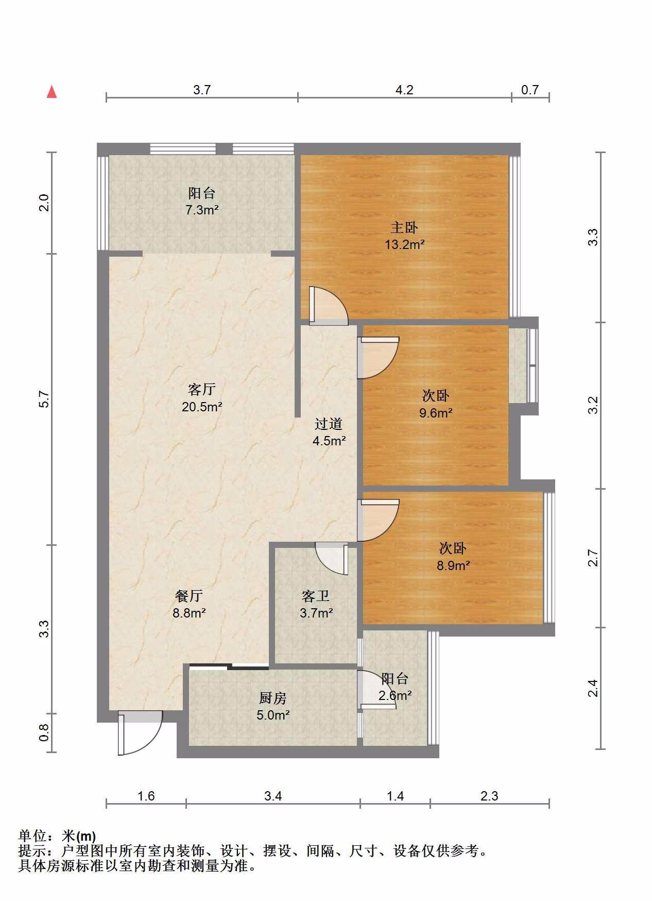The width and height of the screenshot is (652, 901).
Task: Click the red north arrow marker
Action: click(x=52, y=92)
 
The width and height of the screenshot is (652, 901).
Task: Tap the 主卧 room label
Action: click(x=404, y=227)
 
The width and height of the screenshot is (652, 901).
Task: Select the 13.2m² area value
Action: click(x=405, y=244)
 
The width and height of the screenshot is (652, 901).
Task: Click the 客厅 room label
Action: click(x=201, y=389)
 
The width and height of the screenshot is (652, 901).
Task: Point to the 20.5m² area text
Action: click(x=202, y=406)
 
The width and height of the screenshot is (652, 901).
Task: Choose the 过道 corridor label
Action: click(x=329, y=424)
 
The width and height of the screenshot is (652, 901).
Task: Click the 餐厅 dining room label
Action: click(x=189, y=596)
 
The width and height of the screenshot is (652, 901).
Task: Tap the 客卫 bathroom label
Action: click(x=316, y=596)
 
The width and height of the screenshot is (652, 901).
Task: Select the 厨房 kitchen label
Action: click(x=272, y=698)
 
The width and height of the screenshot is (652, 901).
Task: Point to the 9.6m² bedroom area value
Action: click(x=436, y=412)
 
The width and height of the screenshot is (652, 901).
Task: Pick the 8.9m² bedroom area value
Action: click(x=453, y=565)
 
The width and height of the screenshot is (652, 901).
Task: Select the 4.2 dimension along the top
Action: click(x=404, y=90)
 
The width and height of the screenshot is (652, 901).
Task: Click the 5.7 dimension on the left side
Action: click(x=44, y=399)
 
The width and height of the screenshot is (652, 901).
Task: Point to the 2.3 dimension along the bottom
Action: click(x=489, y=796)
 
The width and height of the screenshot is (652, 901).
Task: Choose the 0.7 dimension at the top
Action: click(x=530, y=90)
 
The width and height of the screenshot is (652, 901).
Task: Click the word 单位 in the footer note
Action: click(x=32, y=836)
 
